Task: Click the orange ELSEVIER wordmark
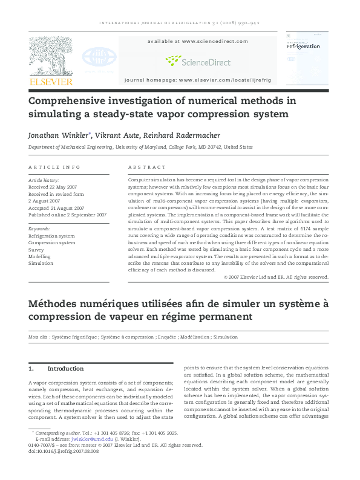pos(51,82)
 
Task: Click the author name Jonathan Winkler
pos(57,135)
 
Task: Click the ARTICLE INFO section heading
pos(54,167)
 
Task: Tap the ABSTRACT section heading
pos(146,167)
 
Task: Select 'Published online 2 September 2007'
pos(68,215)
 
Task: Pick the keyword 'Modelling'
pos(41,256)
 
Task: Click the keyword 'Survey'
pos(36,250)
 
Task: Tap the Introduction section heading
pos(65,368)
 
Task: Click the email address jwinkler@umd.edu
pos(86,439)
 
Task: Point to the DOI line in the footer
pos(62,450)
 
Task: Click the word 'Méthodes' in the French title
pos(55,302)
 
